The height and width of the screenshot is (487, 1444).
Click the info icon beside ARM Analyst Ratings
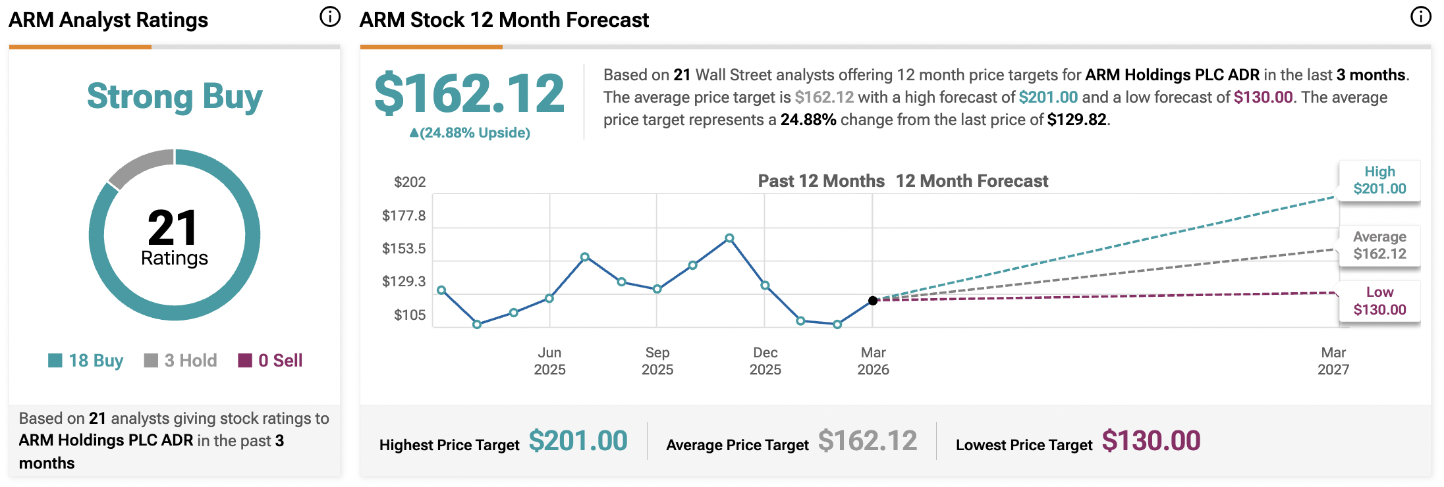tap(330, 17)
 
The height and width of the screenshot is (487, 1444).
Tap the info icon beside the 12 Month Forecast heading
tap(1420, 17)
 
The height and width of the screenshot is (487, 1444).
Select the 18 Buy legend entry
tap(86, 361)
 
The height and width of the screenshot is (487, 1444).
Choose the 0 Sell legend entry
tap(271, 361)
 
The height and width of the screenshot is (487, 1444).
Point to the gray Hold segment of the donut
tap(139, 166)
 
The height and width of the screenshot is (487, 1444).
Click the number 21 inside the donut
tap(173, 228)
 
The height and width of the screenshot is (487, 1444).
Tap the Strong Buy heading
tap(175, 97)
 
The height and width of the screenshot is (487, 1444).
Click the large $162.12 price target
tap(469, 93)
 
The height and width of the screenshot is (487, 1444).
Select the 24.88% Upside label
tap(470, 133)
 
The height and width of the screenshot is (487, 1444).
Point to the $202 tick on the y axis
tap(410, 182)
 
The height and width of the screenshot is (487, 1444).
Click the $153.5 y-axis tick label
tap(404, 249)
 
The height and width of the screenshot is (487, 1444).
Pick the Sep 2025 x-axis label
tap(657, 361)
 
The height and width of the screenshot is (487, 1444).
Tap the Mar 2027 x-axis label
tap(1333, 361)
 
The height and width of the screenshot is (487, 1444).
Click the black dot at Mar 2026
tap(873, 301)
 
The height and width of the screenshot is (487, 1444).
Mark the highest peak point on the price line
tap(729, 238)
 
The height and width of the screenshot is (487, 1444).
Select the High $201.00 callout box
tap(1379, 180)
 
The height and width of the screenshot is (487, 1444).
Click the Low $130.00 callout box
tap(1379, 301)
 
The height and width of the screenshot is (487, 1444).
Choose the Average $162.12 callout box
tap(1379, 245)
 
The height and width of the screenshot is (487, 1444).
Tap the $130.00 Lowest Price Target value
tap(1151, 441)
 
